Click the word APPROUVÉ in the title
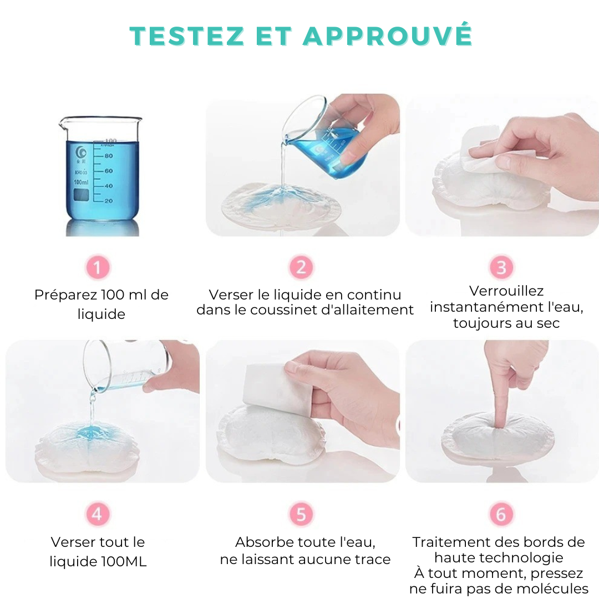click(387, 35)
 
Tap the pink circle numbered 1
click(98, 268)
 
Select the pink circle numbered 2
click(301, 268)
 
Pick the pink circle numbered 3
click(501, 268)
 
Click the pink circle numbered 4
click(98, 514)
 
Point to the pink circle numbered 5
click(301, 514)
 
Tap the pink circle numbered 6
click(501, 514)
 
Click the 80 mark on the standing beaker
click(109, 156)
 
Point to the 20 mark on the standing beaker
click(109, 201)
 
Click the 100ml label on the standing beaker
click(82, 182)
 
